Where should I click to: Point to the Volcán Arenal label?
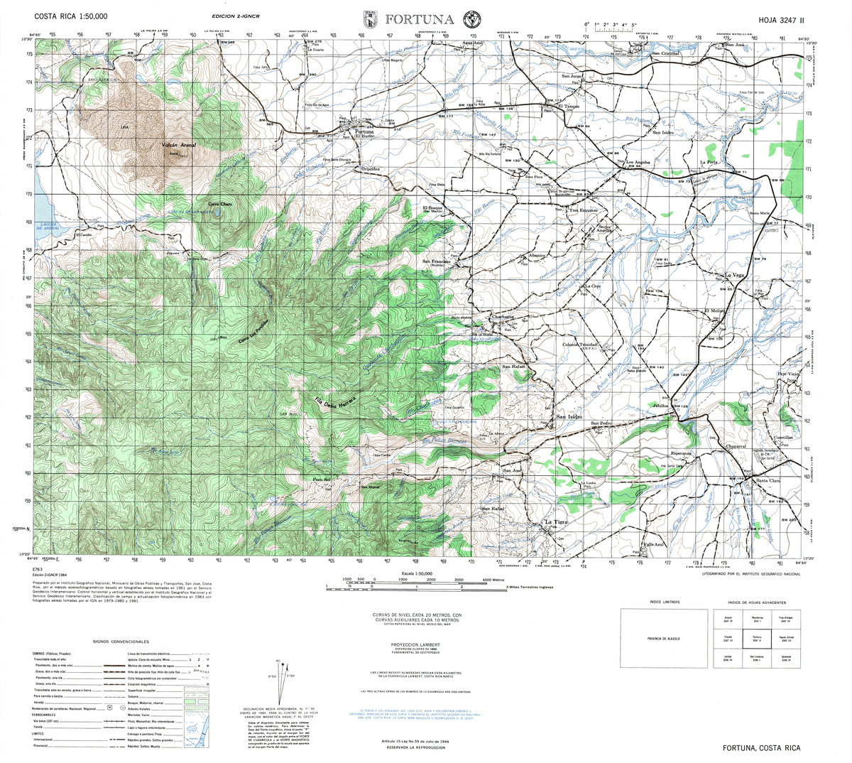178,145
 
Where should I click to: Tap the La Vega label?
733,275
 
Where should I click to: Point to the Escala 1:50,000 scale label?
417,573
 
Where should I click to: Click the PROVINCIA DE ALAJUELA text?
664,639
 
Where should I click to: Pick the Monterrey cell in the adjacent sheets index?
757,621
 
